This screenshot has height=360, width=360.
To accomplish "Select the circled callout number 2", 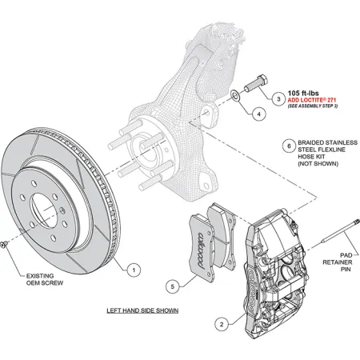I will (222, 323).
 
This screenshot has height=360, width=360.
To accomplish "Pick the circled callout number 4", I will (258, 114).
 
